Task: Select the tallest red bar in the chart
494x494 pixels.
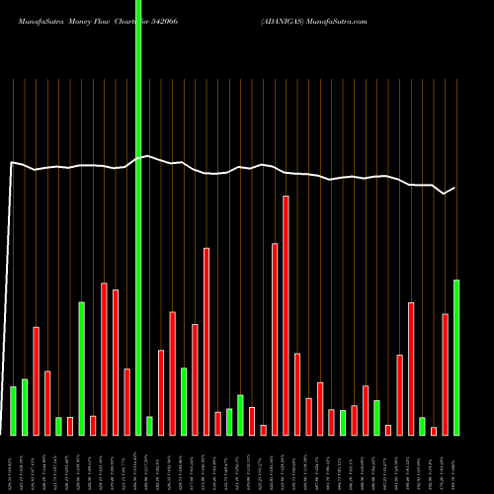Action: point(286,315)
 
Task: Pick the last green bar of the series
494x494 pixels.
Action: point(456,357)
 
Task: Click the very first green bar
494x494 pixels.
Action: point(13,410)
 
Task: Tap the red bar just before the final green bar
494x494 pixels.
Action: point(445,373)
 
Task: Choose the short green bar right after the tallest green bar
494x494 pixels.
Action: point(149,425)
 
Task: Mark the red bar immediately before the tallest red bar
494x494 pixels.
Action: point(275,339)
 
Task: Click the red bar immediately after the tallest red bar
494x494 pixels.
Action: point(297,393)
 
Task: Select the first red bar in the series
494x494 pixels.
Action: point(36,380)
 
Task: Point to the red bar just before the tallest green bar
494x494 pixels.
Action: point(126,401)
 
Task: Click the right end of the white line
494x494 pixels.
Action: point(455,188)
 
